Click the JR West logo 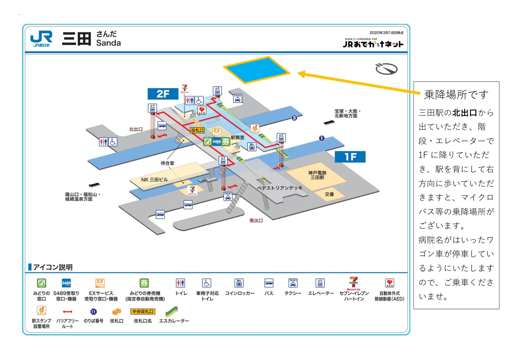point(41,38)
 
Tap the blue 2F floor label point(163,94)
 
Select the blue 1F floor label point(350,157)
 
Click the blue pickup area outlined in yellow point(257,69)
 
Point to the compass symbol point(386,69)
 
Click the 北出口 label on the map point(136,129)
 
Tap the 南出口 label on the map point(256,221)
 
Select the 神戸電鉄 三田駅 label point(317,175)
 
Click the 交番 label point(329,194)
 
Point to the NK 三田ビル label point(154,180)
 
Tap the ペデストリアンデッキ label point(280,188)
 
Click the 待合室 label point(167,163)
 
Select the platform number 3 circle point(294,118)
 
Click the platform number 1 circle point(322,138)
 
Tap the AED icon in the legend point(389,283)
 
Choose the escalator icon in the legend point(171,312)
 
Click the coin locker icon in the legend point(239,283)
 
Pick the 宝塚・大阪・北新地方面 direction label point(347,113)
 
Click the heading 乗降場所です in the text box point(456,95)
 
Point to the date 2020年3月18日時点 point(386,33)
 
